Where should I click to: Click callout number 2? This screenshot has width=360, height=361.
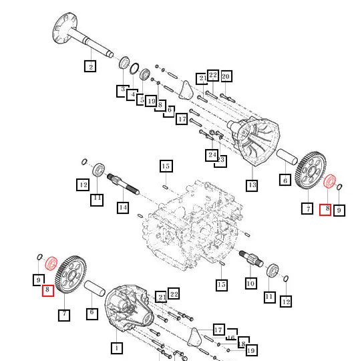[x=90, y=66]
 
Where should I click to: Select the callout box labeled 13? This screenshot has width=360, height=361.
[x=252, y=185]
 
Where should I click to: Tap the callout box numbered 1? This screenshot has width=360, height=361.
[x=116, y=348]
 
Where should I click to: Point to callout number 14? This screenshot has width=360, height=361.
[x=123, y=207]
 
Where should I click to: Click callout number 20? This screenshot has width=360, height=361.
[x=226, y=76]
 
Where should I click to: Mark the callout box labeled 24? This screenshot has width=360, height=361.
[x=211, y=156]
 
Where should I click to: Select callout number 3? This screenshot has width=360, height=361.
[x=123, y=89]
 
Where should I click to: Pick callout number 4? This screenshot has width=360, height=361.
[x=132, y=94]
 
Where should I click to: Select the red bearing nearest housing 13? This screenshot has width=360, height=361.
[x=329, y=183]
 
